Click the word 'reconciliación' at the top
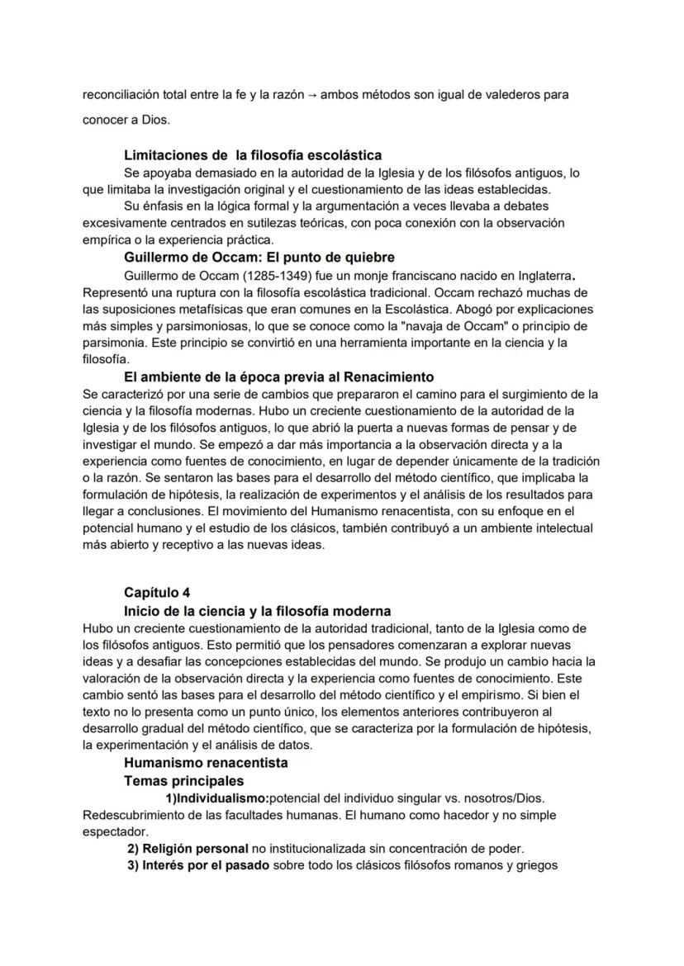tap(120, 95)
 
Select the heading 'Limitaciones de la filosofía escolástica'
tap(253, 154)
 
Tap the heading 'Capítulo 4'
tap(157, 592)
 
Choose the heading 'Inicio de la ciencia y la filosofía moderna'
tap(258, 611)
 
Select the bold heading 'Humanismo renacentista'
tap(206, 763)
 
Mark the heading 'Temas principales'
tap(183, 780)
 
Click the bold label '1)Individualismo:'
tap(217, 798)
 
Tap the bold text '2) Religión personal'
tap(188, 848)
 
